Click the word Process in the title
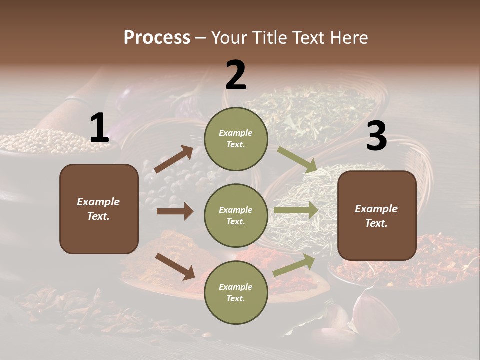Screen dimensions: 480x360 157,37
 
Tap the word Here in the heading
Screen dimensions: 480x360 348,37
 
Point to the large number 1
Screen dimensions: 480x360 99,128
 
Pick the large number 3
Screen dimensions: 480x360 376,136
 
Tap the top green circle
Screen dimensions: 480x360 236,139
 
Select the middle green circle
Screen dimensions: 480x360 236,215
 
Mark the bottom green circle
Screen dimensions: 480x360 236,292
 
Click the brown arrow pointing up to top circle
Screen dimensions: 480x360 174,159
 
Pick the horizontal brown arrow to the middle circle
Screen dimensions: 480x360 175,211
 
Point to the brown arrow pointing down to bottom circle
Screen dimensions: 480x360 175,266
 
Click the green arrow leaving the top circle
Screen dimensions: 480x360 297,160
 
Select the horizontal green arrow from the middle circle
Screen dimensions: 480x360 296,210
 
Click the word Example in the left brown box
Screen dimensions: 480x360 98,202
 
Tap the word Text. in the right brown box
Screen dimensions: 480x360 376,223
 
